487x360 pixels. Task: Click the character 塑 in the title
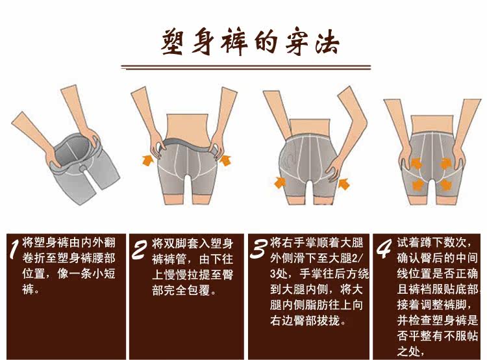173,43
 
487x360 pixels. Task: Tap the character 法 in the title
327,43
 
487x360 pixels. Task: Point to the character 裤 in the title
234,43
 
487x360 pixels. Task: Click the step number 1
14,249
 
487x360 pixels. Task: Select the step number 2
139,250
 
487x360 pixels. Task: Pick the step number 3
258,249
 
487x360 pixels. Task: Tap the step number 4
384,249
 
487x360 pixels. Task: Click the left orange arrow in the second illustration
149,160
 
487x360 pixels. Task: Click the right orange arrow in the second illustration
225,160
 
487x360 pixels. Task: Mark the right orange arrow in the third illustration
343,183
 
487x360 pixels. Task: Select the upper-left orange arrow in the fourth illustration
416,163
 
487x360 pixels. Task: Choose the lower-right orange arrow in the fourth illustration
445,185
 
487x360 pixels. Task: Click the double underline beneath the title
246,67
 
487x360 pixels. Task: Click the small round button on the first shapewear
83,168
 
